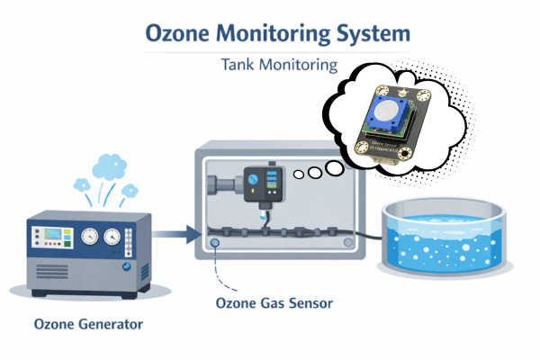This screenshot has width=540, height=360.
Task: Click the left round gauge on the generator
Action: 89,236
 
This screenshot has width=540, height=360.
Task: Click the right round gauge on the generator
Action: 112,236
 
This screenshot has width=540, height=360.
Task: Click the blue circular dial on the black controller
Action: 253,177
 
